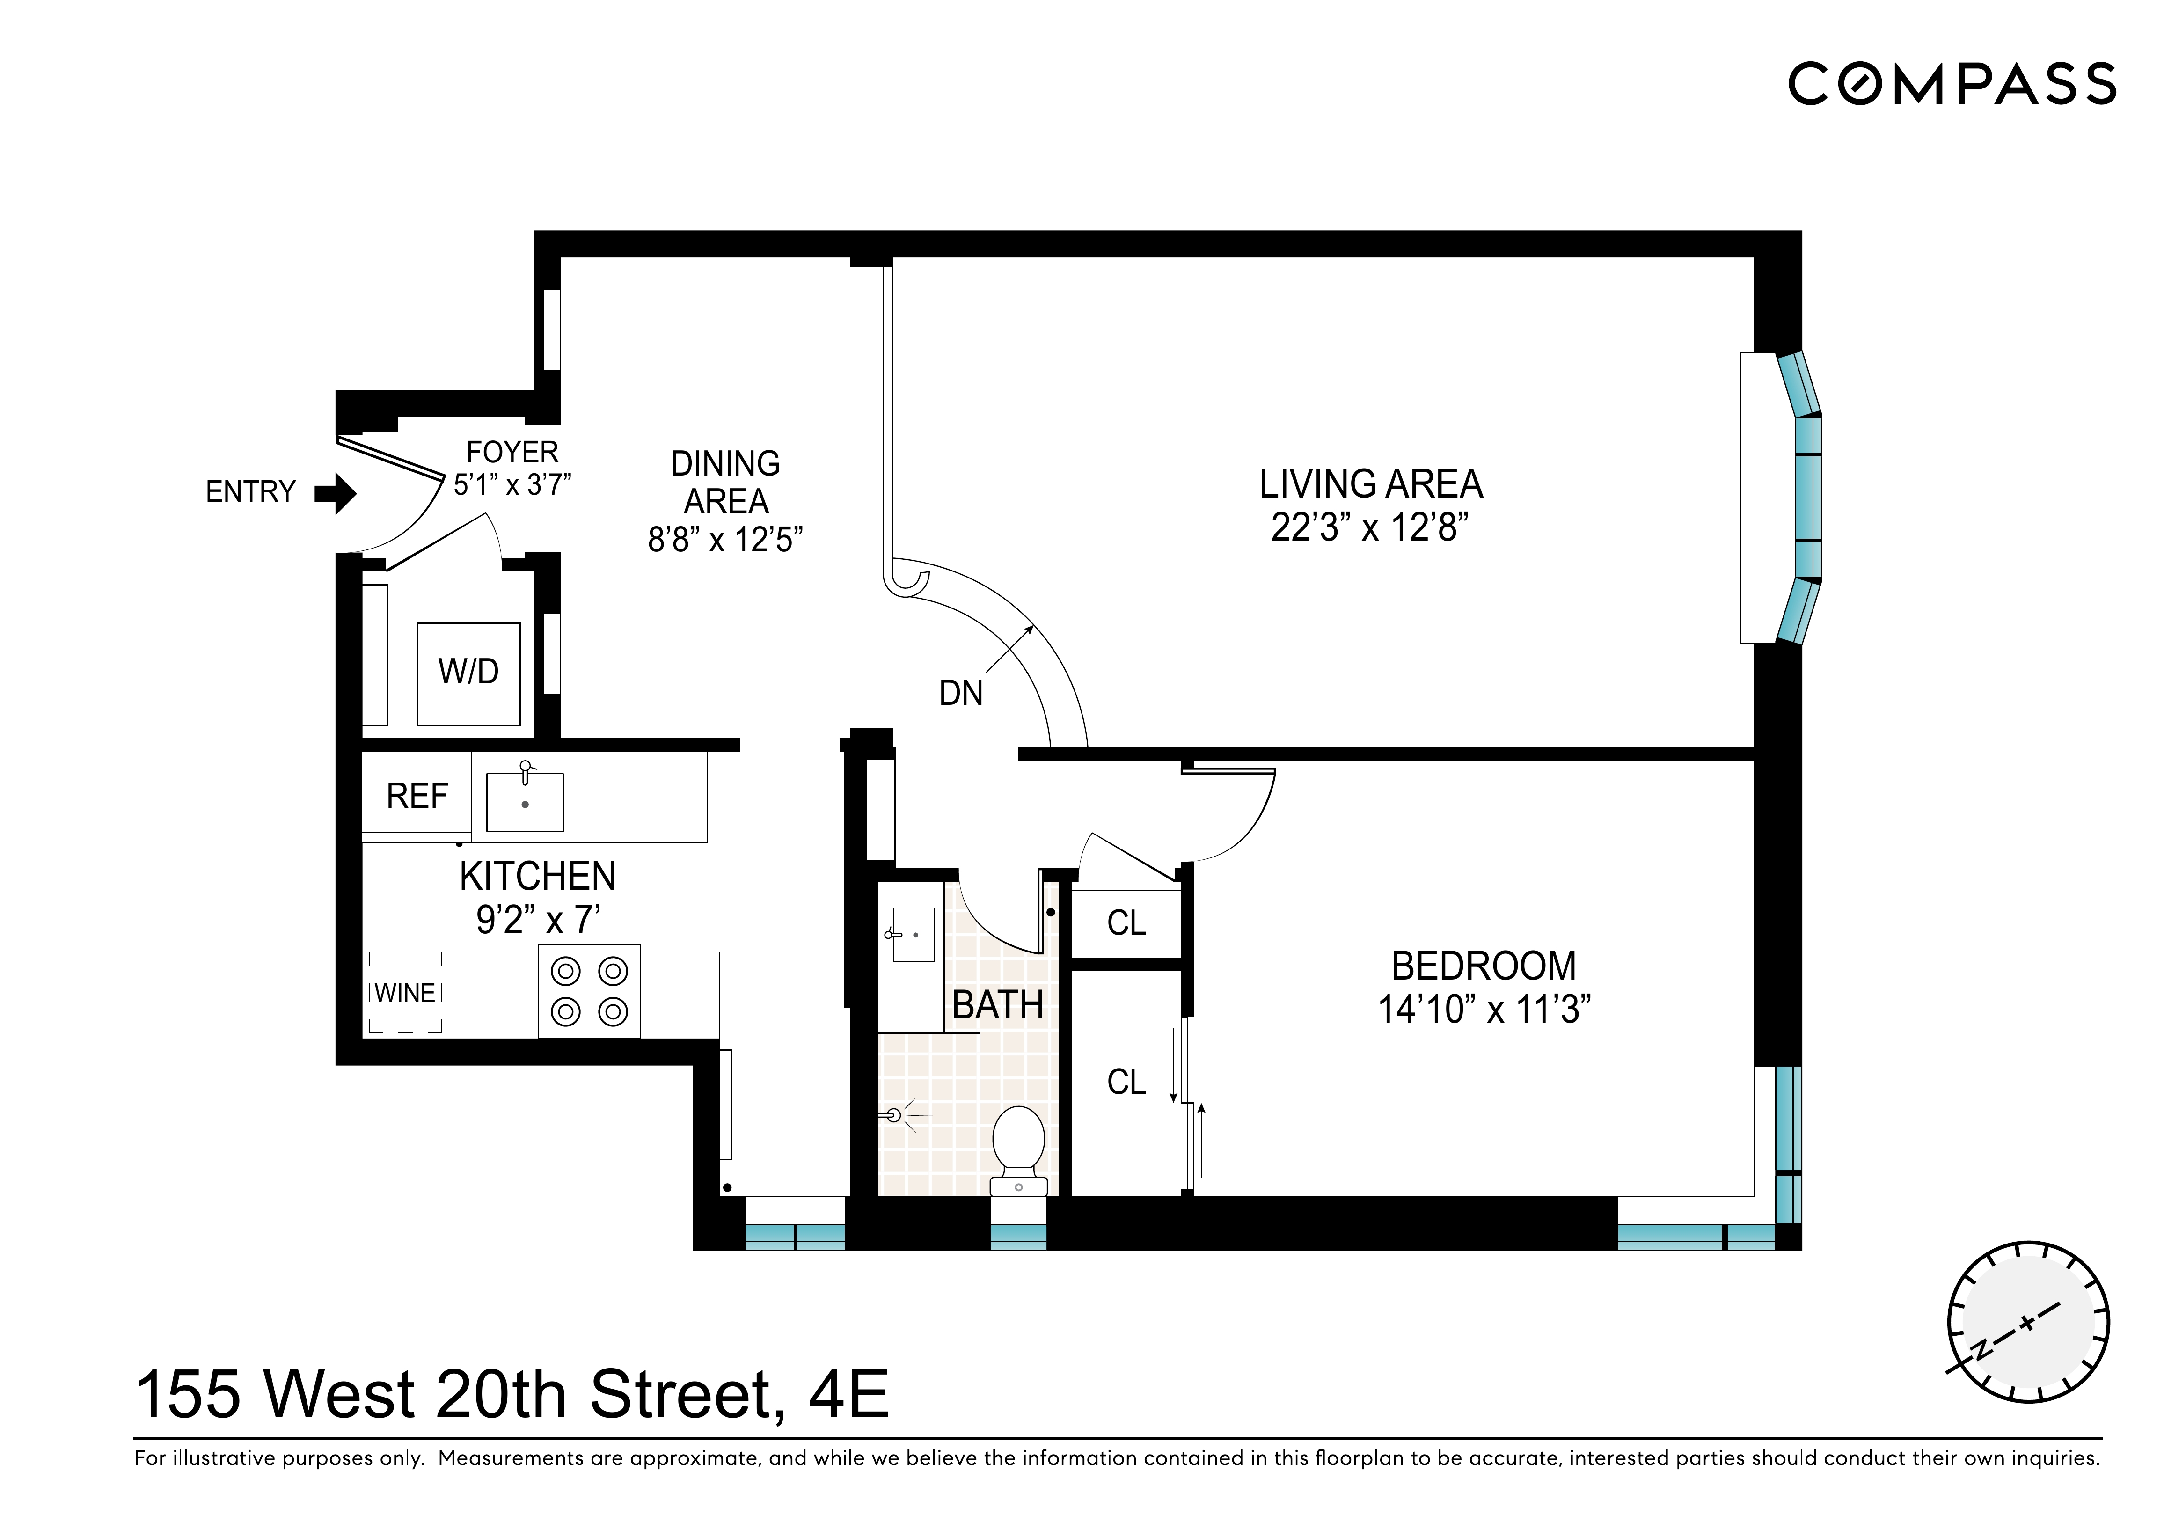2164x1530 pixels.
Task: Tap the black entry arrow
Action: click(x=335, y=493)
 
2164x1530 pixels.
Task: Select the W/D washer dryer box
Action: click(x=468, y=673)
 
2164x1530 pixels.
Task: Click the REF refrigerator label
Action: click(x=417, y=797)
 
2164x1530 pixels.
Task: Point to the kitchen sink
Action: click(x=525, y=801)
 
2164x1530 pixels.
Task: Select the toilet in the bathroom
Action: click(x=1019, y=1145)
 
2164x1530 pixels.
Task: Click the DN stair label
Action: click(x=960, y=694)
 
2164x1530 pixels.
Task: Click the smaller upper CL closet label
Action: click(x=1126, y=923)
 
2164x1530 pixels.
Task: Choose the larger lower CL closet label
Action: click(x=1126, y=1082)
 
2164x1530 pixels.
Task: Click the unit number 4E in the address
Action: click(x=848, y=1395)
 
